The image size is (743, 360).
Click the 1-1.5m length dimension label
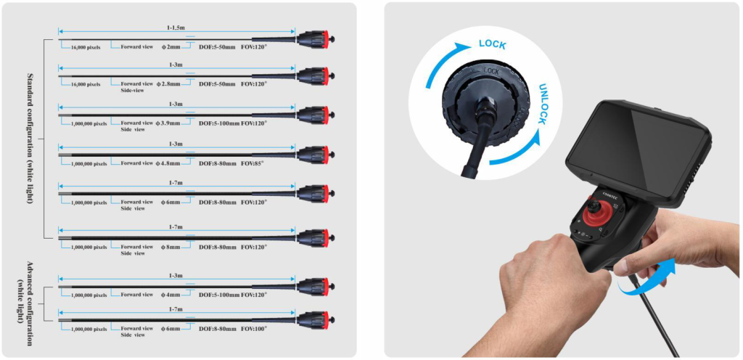[x=176, y=28]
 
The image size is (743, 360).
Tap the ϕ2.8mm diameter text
[x=168, y=84]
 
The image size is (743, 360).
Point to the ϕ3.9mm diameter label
[x=168, y=123]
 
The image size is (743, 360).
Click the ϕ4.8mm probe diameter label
[x=168, y=163]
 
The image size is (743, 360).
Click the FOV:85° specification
[x=252, y=163]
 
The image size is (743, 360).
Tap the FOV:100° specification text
[x=254, y=328]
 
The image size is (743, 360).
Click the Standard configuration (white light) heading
[x=30, y=139]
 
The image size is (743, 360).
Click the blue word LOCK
[x=493, y=44]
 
